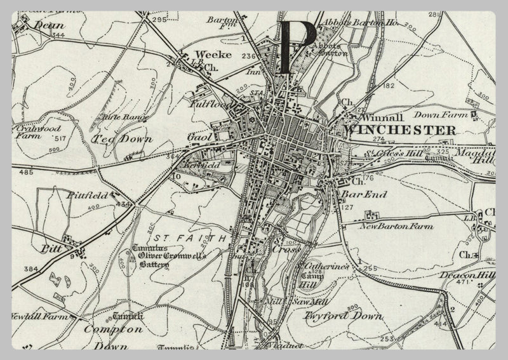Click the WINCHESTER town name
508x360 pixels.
[399, 130]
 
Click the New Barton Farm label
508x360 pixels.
[396, 225]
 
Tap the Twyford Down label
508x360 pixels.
[344, 315]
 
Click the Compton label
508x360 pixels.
[114, 330]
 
